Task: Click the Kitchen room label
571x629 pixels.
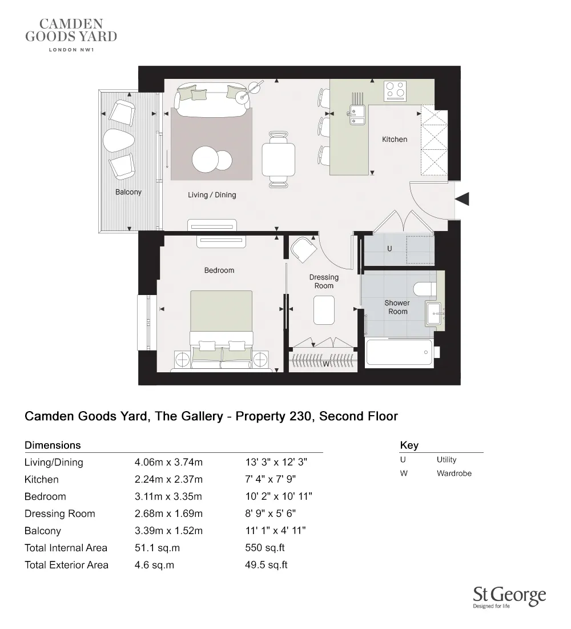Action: pos(395,139)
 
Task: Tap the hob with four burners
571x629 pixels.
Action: pos(395,90)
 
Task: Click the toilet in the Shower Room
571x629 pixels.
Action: pos(425,289)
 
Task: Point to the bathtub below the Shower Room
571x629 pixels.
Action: pos(399,352)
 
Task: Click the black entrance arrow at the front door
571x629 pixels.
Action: pos(462,199)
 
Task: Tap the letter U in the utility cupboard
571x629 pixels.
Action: pos(389,249)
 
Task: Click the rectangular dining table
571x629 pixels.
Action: pos(278,160)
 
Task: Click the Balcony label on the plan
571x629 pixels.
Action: pos(128,192)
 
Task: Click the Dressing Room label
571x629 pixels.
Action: pos(324,281)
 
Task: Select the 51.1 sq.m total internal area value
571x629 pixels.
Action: pos(157,548)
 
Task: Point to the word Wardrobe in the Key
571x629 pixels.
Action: pos(454,473)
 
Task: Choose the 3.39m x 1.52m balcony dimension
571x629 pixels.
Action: pos(168,531)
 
